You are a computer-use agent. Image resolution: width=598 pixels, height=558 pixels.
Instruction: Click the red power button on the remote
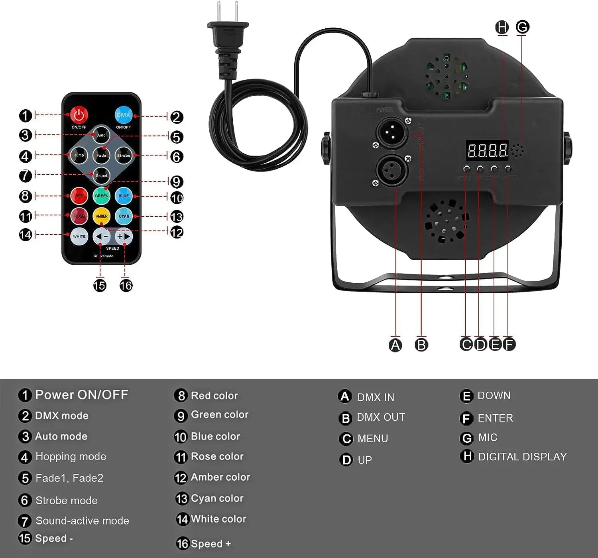click(79, 115)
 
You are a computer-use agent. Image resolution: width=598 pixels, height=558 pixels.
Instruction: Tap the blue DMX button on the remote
click(123, 115)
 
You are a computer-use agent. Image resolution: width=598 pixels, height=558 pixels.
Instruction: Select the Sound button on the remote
click(101, 175)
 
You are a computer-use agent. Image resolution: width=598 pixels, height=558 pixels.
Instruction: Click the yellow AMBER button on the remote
click(101, 216)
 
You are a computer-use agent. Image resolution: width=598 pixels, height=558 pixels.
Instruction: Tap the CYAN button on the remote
click(124, 216)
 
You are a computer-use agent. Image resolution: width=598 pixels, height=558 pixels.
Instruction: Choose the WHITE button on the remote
click(79, 237)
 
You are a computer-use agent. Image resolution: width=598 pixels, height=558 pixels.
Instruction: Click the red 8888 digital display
click(487, 150)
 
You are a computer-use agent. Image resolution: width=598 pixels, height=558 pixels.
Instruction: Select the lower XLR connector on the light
click(392, 170)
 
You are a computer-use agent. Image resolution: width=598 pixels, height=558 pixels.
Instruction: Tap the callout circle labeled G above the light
click(522, 27)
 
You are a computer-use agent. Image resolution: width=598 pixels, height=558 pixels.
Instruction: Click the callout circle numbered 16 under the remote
click(126, 286)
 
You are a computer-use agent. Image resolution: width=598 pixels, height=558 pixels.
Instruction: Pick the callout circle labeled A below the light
click(395, 345)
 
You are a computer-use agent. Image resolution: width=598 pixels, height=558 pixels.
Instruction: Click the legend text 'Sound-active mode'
click(82, 521)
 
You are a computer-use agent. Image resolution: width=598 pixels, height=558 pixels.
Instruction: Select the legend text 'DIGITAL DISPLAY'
click(522, 457)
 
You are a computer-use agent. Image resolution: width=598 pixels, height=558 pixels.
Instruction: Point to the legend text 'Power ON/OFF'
click(82, 395)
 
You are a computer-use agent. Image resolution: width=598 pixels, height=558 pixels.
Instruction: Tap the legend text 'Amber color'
click(220, 477)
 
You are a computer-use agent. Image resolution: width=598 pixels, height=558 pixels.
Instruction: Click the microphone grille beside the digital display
click(518, 150)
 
